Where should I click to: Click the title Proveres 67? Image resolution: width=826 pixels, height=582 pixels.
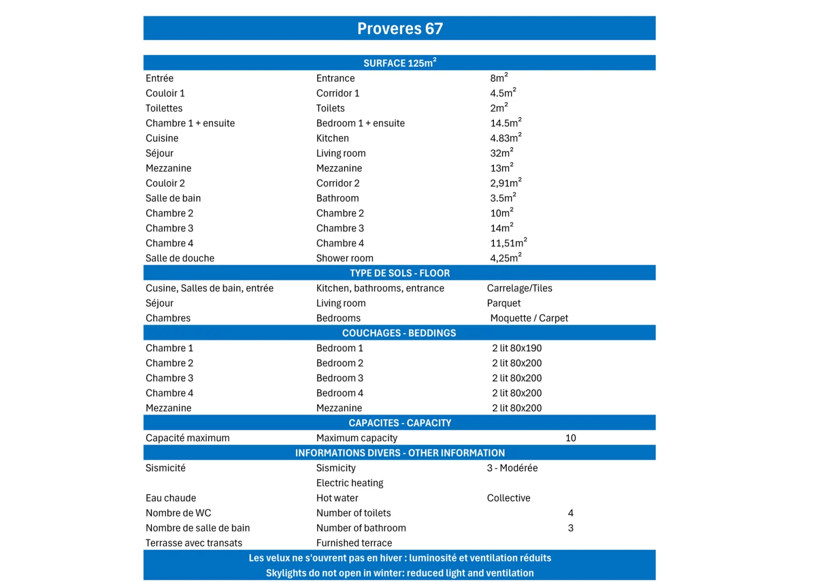click(x=400, y=29)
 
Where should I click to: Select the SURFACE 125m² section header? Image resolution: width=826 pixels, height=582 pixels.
click(x=400, y=63)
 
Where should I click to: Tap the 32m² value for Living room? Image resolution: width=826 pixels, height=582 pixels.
click(x=501, y=153)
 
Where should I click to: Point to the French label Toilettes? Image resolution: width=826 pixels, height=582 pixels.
click(x=164, y=108)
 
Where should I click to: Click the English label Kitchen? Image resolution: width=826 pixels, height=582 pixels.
click(x=332, y=138)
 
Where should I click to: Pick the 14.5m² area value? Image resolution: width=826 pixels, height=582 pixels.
click(x=505, y=123)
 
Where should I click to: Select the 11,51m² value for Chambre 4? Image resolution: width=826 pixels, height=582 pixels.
click(x=508, y=243)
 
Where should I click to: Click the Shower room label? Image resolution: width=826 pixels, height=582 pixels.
click(x=345, y=258)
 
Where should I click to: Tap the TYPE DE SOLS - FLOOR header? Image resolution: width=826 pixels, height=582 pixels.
click(x=400, y=273)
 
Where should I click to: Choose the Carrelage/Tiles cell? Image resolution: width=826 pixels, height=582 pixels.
click(x=519, y=288)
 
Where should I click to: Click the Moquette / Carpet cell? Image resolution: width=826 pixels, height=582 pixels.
click(x=529, y=318)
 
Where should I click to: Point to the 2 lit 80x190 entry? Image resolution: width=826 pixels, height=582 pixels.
click(x=517, y=348)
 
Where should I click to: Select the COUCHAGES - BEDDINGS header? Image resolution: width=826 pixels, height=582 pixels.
click(x=399, y=333)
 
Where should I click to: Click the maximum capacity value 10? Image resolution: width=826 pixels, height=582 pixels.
click(x=570, y=438)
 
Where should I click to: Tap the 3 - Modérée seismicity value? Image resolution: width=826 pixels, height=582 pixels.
click(x=512, y=468)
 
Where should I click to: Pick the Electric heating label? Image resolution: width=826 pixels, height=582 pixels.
click(x=349, y=483)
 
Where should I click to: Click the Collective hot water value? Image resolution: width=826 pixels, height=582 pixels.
click(x=508, y=498)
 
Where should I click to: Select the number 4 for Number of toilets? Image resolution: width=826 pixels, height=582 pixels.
click(x=570, y=513)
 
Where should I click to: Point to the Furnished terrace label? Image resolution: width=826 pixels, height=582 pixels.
click(x=354, y=543)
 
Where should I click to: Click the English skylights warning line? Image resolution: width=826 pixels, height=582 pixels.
click(x=400, y=573)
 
